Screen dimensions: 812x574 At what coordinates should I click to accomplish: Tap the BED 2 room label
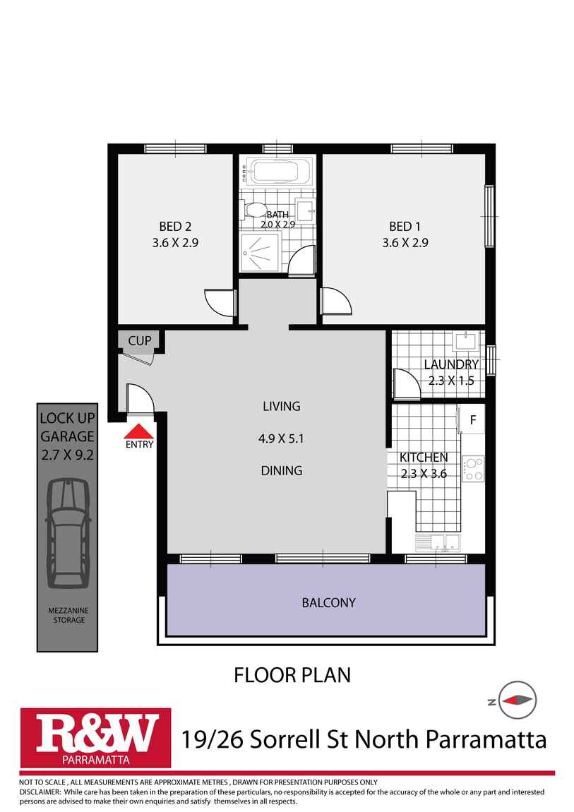click(175, 227)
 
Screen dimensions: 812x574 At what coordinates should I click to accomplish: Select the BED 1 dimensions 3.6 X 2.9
click(405, 242)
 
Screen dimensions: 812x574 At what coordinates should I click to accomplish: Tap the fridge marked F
click(473, 421)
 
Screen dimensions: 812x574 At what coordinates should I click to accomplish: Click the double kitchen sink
click(437, 542)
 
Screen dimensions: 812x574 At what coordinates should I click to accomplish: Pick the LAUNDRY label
click(451, 364)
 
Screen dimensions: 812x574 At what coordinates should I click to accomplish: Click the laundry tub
click(467, 341)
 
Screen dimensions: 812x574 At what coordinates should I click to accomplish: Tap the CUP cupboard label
click(140, 341)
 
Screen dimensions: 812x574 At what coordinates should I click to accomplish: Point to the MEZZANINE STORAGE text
click(67, 615)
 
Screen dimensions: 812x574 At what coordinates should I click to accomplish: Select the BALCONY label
click(328, 603)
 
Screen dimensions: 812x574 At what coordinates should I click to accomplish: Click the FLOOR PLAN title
click(292, 675)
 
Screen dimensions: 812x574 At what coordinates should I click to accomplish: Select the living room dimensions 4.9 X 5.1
click(282, 438)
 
